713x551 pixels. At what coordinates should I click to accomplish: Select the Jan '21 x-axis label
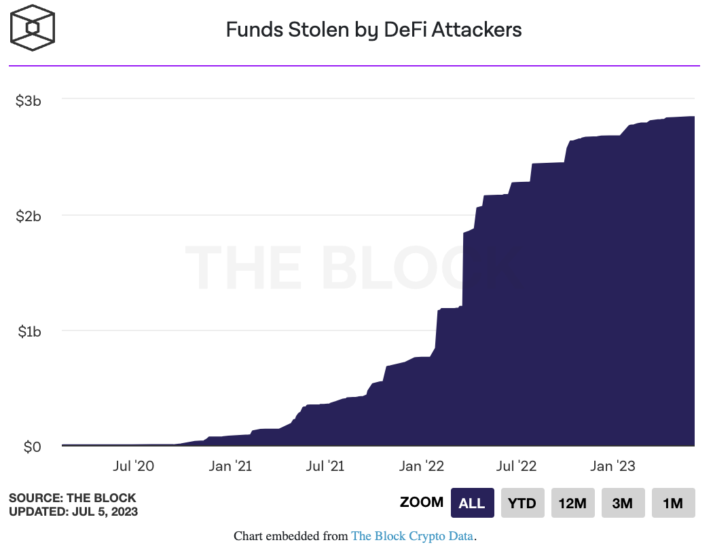click(x=230, y=466)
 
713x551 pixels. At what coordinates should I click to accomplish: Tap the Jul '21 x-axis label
click(x=325, y=466)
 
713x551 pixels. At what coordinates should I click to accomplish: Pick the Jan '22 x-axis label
click(x=422, y=466)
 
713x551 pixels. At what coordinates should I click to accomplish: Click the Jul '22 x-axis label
click(x=517, y=466)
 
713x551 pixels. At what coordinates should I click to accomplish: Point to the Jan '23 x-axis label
click(x=613, y=466)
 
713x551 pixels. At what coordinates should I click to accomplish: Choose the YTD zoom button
click(x=522, y=503)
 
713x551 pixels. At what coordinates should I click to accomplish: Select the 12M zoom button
click(x=572, y=503)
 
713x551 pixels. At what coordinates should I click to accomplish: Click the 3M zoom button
click(x=623, y=503)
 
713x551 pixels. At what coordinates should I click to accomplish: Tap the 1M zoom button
click(x=673, y=503)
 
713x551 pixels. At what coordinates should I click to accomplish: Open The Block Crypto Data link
click(x=412, y=536)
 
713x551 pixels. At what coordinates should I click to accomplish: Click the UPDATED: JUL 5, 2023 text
click(x=73, y=511)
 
